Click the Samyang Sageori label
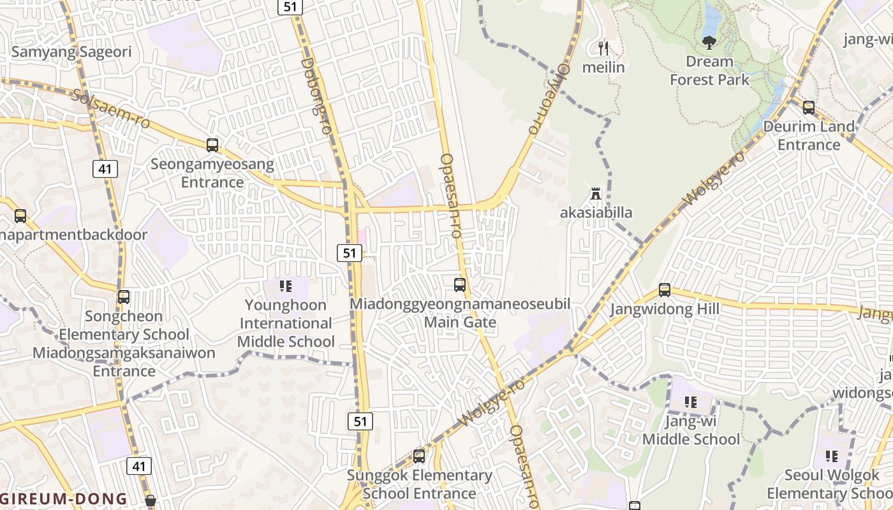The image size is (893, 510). point(71,52)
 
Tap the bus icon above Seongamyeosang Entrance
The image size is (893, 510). point(212,145)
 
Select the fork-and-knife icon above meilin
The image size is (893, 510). point(603,48)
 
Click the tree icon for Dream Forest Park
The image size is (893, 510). point(709,43)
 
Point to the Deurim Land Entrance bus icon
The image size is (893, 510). point(809,108)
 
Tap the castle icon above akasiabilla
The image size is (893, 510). point(596,193)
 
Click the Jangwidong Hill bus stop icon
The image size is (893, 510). point(665,290)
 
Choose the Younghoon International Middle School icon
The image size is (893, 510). point(285,286)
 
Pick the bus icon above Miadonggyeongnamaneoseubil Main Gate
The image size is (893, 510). point(460,285)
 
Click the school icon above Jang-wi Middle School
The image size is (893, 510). point(691,402)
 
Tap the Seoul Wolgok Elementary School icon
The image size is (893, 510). point(832,456)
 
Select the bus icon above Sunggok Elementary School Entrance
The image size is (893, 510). point(419,456)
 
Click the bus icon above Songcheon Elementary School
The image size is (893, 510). point(124,297)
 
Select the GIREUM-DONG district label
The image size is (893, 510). point(64,499)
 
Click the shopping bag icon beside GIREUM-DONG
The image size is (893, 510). point(151,500)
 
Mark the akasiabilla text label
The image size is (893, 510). point(596,212)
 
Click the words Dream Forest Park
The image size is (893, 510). point(709,71)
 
